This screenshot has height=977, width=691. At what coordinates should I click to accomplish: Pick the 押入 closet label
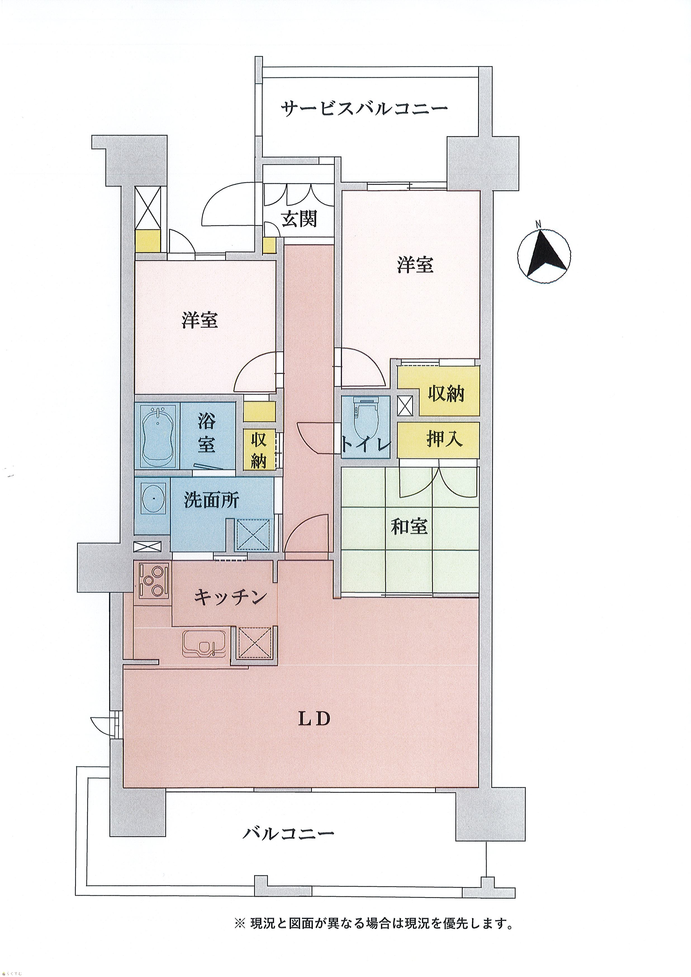[445, 439]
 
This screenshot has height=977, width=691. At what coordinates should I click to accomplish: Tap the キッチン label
[230, 598]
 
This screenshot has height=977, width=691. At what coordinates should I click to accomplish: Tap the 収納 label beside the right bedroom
[446, 394]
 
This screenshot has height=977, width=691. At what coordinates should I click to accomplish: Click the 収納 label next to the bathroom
[258, 451]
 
